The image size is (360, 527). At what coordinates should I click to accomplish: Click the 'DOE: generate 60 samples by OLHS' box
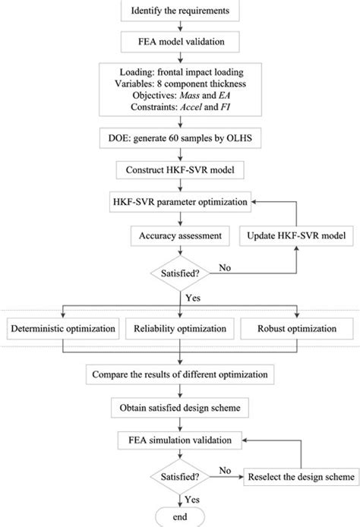[180, 140]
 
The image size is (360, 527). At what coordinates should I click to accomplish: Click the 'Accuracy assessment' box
[180, 236]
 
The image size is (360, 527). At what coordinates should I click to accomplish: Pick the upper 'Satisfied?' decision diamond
[180, 271]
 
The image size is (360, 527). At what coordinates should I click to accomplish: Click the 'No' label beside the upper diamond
[223, 267]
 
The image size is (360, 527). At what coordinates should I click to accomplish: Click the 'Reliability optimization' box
[180, 330]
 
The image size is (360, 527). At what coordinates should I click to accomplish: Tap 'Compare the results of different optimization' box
[180, 374]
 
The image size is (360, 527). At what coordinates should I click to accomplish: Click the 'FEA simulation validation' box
[180, 440]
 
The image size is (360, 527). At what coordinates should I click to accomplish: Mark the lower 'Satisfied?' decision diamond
[180, 477]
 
